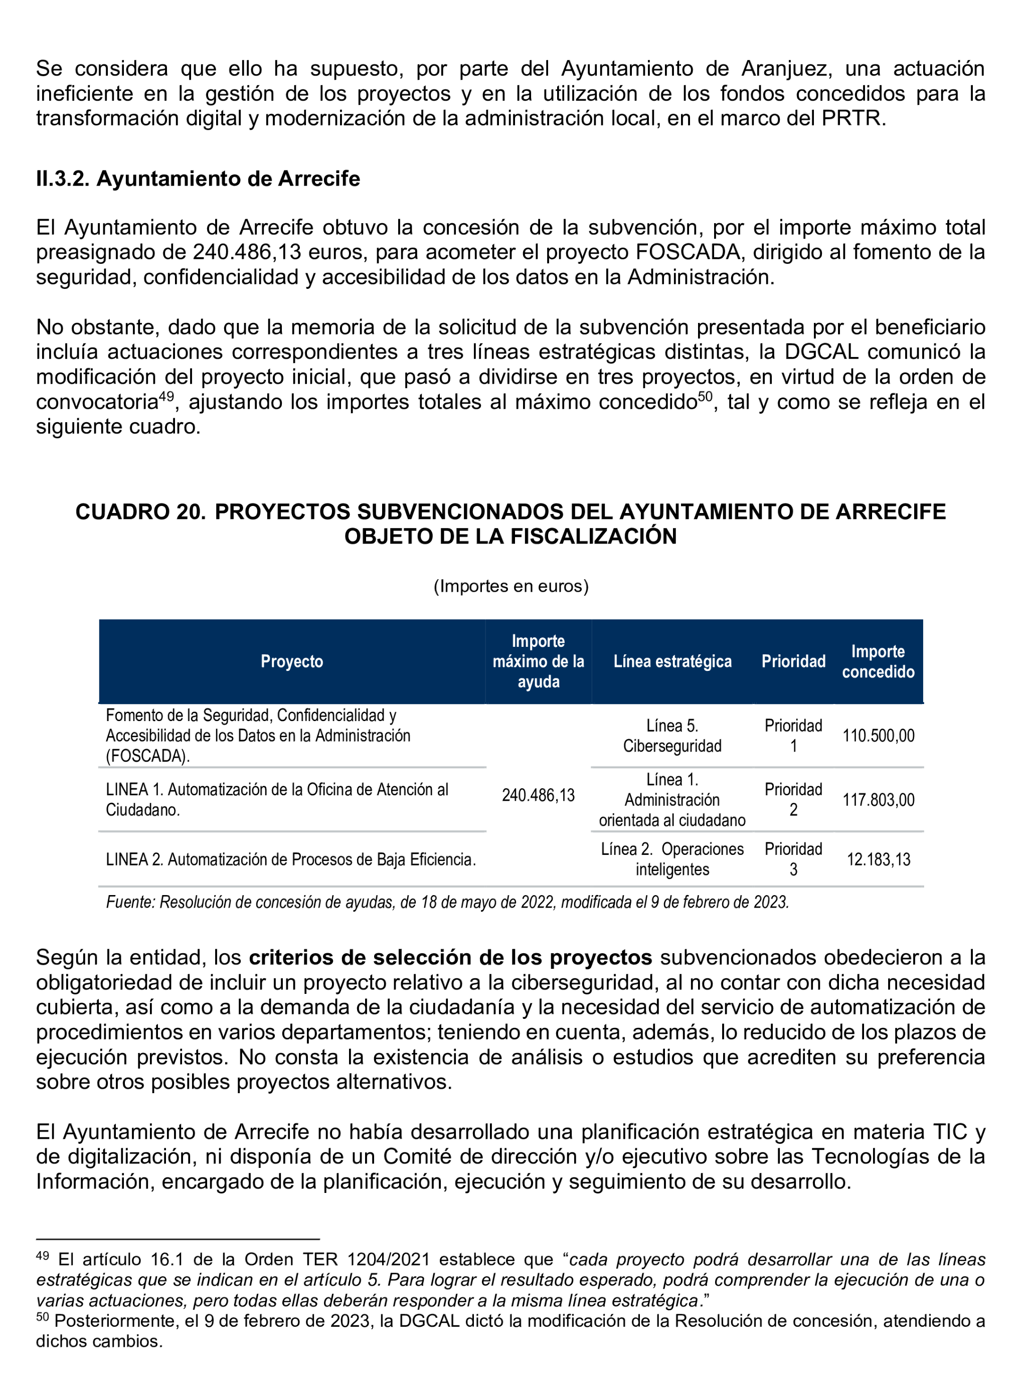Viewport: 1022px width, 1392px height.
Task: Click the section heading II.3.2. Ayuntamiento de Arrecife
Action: click(198, 179)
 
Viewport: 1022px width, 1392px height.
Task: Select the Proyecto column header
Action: click(291, 661)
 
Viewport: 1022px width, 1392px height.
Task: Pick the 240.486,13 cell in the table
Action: click(538, 795)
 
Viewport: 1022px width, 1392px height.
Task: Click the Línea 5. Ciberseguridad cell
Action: click(672, 736)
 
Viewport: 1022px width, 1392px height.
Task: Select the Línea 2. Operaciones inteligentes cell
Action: click(672, 859)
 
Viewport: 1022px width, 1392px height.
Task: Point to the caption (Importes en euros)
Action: click(510, 586)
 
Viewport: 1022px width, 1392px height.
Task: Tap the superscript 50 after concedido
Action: click(705, 396)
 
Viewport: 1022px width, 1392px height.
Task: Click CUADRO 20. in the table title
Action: click(140, 511)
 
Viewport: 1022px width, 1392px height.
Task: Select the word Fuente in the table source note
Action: click(130, 902)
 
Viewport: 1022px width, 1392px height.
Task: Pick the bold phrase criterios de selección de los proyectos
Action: click(450, 958)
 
